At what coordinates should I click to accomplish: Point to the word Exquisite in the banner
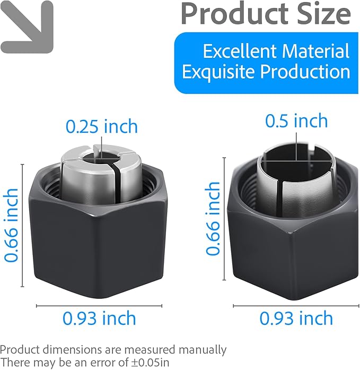tap(219, 72)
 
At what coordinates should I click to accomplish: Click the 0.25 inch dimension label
tap(102, 126)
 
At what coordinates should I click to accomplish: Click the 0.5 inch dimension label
tap(296, 121)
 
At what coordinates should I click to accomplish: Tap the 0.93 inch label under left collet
tap(99, 319)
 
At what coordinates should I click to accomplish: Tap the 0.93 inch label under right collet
tap(296, 319)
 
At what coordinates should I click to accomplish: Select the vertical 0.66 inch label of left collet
tap(11, 226)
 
